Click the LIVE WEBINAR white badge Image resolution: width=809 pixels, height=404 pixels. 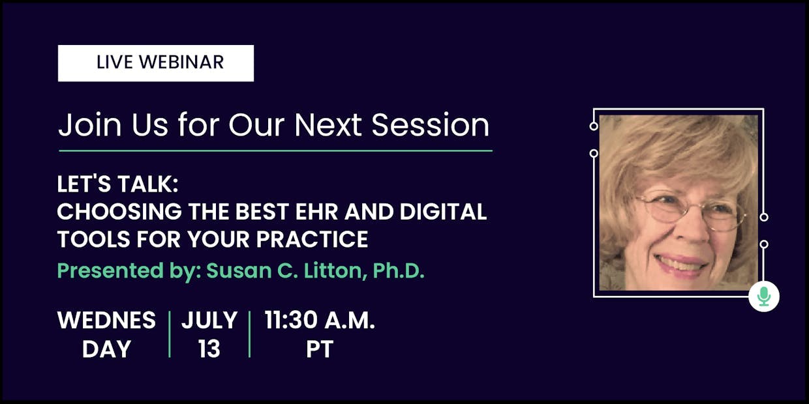pyautogui.click(x=156, y=63)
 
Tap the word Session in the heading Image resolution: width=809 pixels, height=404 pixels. pyautogui.click(x=431, y=125)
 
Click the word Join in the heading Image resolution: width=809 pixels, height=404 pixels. pyautogui.click(x=89, y=125)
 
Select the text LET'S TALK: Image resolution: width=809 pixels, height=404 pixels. pyautogui.click(x=117, y=184)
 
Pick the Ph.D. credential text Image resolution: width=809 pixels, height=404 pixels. pyautogui.click(x=399, y=270)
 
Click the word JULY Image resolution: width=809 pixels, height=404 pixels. pyautogui.click(x=209, y=320)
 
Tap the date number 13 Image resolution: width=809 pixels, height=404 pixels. pyautogui.click(x=209, y=349)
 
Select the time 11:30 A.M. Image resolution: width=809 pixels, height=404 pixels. pyautogui.click(x=320, y=320)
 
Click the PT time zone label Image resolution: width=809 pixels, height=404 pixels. pyautogui.click(x=320, y=349)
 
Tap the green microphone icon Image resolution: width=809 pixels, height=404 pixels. pyautogui.click(x=764, y=296)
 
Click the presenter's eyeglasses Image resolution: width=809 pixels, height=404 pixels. pyautogui.click(x=690, y=211)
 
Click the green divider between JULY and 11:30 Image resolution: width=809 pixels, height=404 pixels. pyautogui.click(x=250, y=334)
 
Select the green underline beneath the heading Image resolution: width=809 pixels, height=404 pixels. pyautogui.click(x=275, y=151)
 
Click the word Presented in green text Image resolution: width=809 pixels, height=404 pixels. pyautogui.click(x=110, y=270)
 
